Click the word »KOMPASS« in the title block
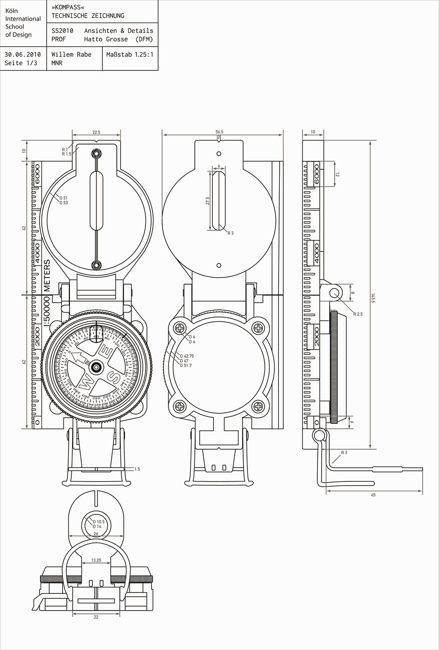pos(65,8)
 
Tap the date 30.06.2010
pos(23,54)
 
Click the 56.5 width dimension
pos(219,132)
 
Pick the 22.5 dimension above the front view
pos(96,132)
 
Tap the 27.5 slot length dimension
pos(207,200)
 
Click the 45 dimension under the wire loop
pos(373,495)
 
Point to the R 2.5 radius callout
pos(358,314)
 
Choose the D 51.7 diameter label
pos(186,366)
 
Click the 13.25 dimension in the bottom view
pos(96,560)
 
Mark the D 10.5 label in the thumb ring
pos(98,522)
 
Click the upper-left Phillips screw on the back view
pos(180,329)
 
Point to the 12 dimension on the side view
pos(337,174)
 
